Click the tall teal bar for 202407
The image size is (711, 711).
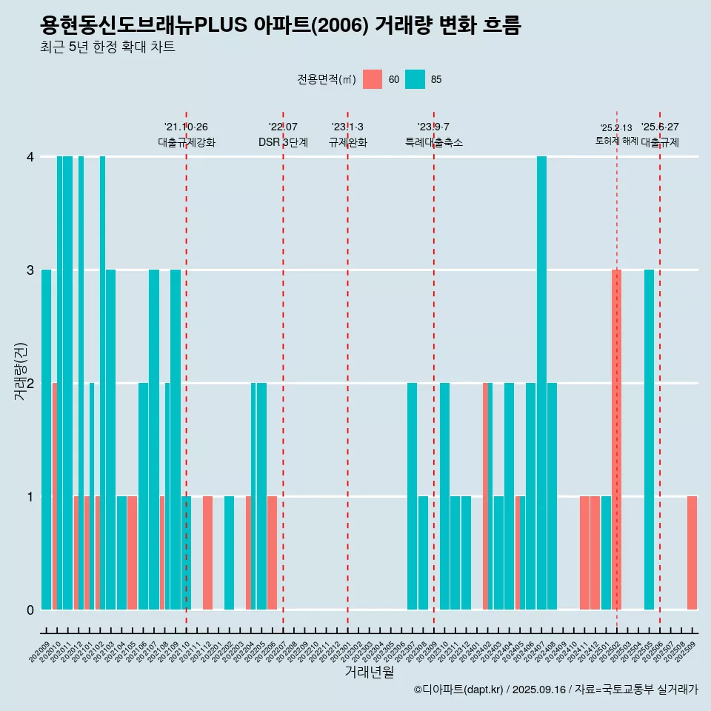pyautogui.click(x=541, y=383)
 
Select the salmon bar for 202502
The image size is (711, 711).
pyautogui.click(x=616, y=439)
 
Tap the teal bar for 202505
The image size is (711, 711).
pyautogui.click(x=649, y=439)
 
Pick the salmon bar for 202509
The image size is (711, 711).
pyautogui.click(x=692, y=553)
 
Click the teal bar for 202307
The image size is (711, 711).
pyautogui.click(x=412, y=496)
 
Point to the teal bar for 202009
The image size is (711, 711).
pyautogui.click(x=46, y=439)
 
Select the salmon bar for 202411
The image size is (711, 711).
pyautogui.click(x=584, y=553)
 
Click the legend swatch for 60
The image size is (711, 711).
pyautogui.click(x=373, y=79)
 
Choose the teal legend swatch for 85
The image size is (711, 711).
pyautogui.click(x=415, y=79)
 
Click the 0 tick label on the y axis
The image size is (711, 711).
pyautogui.click(x=30, y=610)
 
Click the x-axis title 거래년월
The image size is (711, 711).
pyautogui.click(x=369, y=672)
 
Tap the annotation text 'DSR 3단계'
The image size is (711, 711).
pyautogui.click(x=283, y=142)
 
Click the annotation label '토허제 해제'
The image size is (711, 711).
pyautogui.click(x=616, y=141)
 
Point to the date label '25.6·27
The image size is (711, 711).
pyautogui.click(x=660, y=127)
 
